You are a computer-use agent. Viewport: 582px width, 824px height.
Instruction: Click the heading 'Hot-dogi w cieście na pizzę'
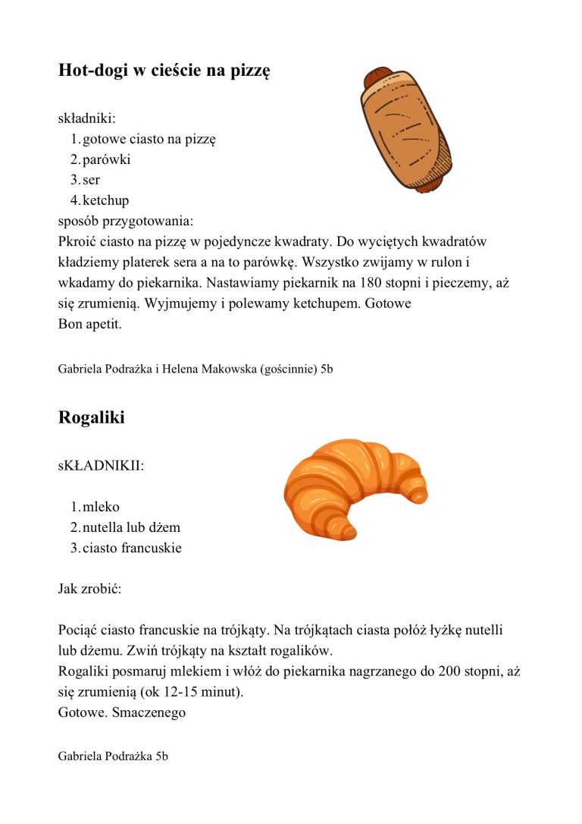click(x=164, y=71)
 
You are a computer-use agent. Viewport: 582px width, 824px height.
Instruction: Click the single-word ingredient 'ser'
click(x=91, y=181)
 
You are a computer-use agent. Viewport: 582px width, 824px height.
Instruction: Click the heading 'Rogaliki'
click(x=92, y=417)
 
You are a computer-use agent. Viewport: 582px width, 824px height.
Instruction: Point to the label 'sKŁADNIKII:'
click(x=101, y=465)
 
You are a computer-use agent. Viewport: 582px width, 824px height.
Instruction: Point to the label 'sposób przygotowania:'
click(x=126, y=222)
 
